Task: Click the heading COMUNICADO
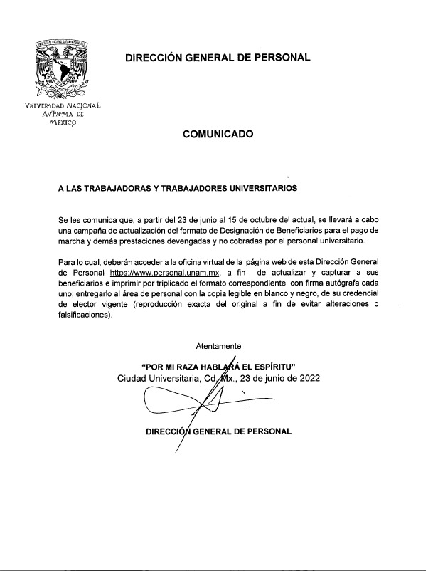tap(217, 133)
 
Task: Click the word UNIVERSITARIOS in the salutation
tap(262, 189)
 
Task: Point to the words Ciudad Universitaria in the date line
tap(159, 378)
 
